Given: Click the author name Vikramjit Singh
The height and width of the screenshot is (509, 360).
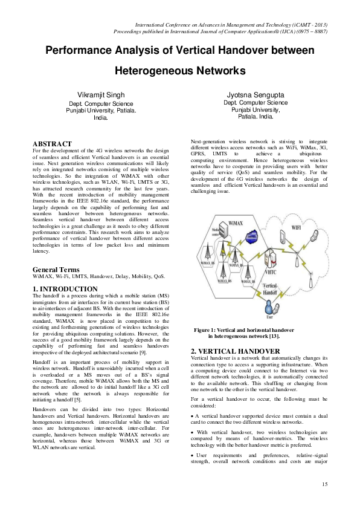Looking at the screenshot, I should coord(102,96).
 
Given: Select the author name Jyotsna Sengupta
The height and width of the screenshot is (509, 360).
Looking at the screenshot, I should coord(254,96).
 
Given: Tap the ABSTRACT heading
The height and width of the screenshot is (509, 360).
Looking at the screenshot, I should coord(52,144).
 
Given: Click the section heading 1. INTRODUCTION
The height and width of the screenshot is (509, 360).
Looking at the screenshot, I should coord(65,289).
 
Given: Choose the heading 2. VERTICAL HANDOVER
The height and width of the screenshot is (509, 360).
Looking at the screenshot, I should coord(227,351).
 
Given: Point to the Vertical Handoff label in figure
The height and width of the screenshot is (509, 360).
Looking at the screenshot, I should coord(271,288).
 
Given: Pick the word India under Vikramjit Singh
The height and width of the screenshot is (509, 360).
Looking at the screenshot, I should coord(101,117).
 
